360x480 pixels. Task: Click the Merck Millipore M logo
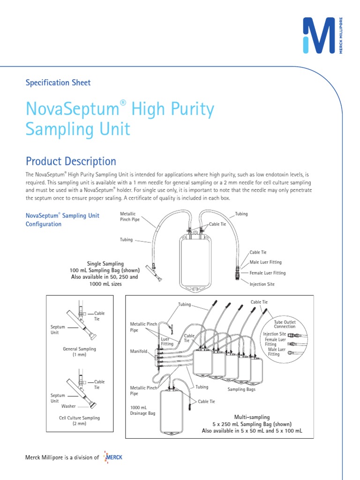tap(319, 35)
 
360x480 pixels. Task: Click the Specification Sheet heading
tap(58, 82)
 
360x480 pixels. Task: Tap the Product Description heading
tap(71, 161)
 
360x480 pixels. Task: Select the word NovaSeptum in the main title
tap(71, 110)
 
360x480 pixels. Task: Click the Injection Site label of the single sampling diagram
tap(262, 284)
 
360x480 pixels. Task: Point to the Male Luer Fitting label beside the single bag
tap(265, 262)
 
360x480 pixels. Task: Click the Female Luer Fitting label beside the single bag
tap(267, 273)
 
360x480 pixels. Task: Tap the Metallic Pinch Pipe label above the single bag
tap(130, 217)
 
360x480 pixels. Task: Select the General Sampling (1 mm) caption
tap(79, 352)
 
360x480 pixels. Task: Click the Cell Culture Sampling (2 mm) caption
tap(79, 420)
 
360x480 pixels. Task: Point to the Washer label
tap(68, 406)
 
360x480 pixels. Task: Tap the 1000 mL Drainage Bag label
tap(142, 410)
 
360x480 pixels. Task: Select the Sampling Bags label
tap(241, 390)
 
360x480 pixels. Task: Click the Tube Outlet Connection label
tap(285, 324)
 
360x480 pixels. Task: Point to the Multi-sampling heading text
tap(252, 417)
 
